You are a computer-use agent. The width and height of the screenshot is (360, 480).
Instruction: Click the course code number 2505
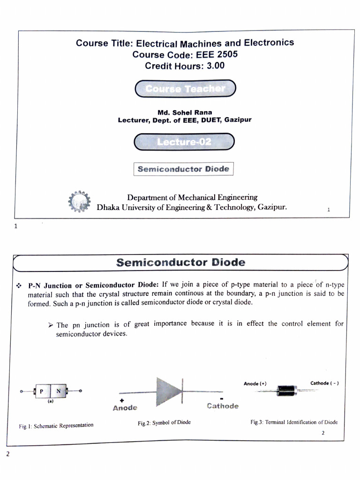coord(227,54)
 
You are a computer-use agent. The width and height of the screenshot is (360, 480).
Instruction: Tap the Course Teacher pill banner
coord(185,89)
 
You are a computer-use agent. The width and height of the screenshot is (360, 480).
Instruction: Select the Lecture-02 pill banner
coord(184,142)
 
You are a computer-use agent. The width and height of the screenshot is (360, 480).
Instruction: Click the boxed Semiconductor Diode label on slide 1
coord(183,169)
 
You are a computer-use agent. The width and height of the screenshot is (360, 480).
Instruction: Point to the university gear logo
coord(78,202)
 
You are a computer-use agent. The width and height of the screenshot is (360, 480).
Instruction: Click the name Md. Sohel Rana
coord(185,112)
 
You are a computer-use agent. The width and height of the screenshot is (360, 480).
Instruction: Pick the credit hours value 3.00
coord(216,66)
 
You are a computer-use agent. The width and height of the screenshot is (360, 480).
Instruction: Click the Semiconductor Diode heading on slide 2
coord(180,262)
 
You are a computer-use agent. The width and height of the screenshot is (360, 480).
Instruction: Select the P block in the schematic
coord(42,391)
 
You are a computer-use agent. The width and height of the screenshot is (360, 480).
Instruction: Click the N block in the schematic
coord(59,391)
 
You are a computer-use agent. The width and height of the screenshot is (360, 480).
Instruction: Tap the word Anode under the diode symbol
coord(125,408)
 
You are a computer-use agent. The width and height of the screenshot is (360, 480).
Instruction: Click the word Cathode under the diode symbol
coord(223,406)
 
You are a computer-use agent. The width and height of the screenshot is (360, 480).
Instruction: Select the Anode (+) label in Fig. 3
coord(255,384)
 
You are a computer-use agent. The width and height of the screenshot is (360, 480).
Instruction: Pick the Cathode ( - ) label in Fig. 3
coord(324,383)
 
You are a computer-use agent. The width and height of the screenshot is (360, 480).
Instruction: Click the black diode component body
coord(286,390)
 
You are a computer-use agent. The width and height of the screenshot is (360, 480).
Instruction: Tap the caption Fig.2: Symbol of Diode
coord(164,422)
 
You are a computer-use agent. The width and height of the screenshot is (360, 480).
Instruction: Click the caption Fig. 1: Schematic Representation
coord(56,426)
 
